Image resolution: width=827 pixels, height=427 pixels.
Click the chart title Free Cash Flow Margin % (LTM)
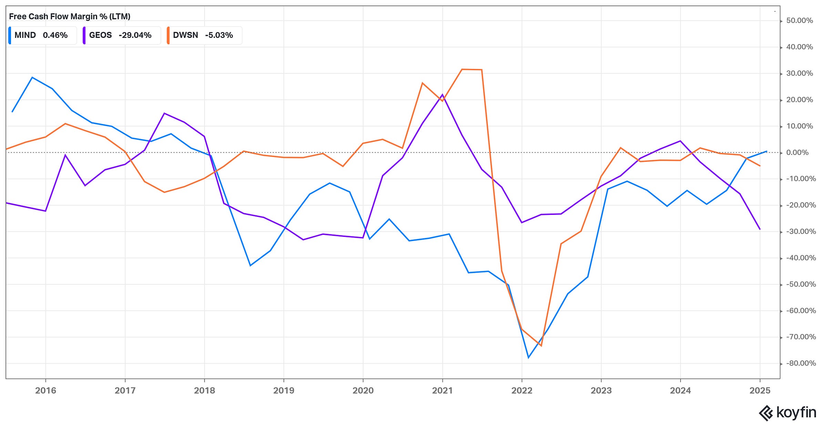coord(70,17)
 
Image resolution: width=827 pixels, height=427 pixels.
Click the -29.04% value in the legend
coord(135,35)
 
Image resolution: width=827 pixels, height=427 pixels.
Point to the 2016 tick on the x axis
coord(45,390)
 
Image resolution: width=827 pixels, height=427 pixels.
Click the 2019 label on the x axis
coord(284,390)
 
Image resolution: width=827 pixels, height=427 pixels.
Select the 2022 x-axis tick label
coord(522,390)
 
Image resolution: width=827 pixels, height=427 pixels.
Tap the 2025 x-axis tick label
coord(760,390)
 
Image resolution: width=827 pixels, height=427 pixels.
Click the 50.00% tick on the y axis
coord(799,21)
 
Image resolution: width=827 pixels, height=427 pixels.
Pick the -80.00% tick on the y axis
coord(800,363)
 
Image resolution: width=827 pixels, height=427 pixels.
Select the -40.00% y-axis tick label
coord(800,258)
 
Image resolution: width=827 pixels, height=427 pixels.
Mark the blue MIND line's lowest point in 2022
coord(528,357)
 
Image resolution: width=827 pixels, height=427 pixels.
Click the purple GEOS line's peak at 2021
coord(442,94)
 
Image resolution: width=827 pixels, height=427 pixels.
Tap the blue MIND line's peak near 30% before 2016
coord(32,77)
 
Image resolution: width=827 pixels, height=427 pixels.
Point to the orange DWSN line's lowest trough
coord(541,346)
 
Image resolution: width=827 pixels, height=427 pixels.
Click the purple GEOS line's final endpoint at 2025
coord(760,229)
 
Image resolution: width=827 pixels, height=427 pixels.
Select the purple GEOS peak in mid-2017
coord(164,113)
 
